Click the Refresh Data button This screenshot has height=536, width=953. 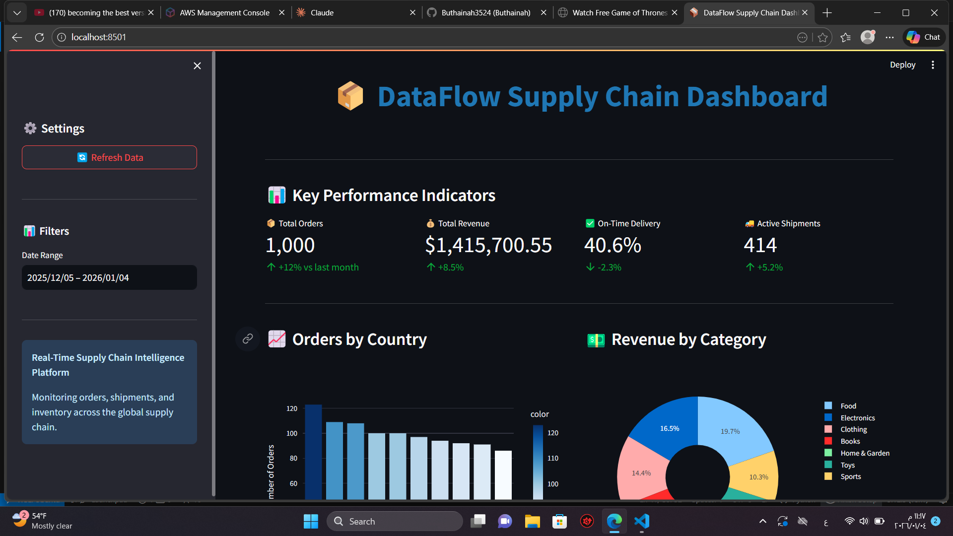(109, 157)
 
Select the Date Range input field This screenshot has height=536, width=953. (109, 277)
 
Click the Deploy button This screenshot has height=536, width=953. (902, 65)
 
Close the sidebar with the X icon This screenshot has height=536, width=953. (197, 66)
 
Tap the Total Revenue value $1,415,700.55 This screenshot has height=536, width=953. (488, 245)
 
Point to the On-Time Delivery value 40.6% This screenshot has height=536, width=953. (612, 245)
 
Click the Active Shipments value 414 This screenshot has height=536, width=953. (760, 245)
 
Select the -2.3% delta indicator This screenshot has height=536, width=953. (609, 268)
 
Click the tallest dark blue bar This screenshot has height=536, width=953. (313, 452)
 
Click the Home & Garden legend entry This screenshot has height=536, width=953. (864, 453)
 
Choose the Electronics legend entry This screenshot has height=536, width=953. (857, 418)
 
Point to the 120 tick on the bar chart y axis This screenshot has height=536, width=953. (292, 408)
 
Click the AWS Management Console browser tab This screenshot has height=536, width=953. (224, 12)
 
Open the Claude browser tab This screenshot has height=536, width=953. (322, 12)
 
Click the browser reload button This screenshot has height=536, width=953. (39, 37)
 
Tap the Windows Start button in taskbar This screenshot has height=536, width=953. (311, 521)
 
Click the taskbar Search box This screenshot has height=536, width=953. (395, 521)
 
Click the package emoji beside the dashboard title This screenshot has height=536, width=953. (350, 96)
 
